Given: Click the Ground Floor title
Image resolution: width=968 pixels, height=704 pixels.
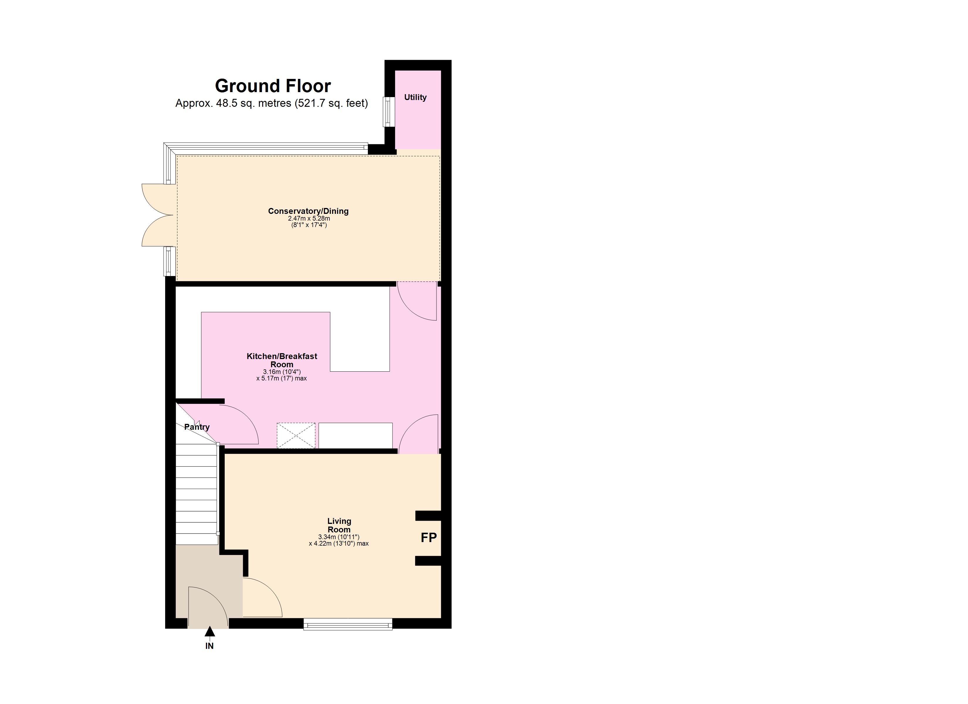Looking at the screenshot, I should coord(273,86).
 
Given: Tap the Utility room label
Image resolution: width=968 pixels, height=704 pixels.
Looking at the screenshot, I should coord(415,97).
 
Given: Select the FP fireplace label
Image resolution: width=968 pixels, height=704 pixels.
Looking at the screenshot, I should coord(429,537).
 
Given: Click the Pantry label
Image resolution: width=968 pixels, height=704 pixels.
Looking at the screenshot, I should coord(197,427).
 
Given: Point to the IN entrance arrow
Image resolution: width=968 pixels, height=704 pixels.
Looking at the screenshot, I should coord(209,632).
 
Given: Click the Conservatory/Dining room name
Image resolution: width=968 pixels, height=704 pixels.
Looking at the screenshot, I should coord(308,211).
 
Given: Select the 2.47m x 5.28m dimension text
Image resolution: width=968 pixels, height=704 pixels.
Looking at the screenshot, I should coord(309,219).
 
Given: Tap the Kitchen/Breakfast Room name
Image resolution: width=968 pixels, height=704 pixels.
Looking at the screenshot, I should coord(282,360).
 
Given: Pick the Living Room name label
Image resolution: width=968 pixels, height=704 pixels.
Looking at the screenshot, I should coord(339,525).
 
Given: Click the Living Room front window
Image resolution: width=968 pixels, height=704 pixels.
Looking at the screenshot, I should coord(348,626).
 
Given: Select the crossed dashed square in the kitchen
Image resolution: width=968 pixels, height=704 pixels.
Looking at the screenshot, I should coord(296,436).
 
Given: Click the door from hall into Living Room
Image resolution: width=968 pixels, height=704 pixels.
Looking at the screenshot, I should coord(261,598).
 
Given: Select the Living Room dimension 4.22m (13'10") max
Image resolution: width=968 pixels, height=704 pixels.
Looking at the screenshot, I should coord(339,544).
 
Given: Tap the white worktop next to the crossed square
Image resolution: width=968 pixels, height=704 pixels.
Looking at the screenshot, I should coord(355,436).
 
